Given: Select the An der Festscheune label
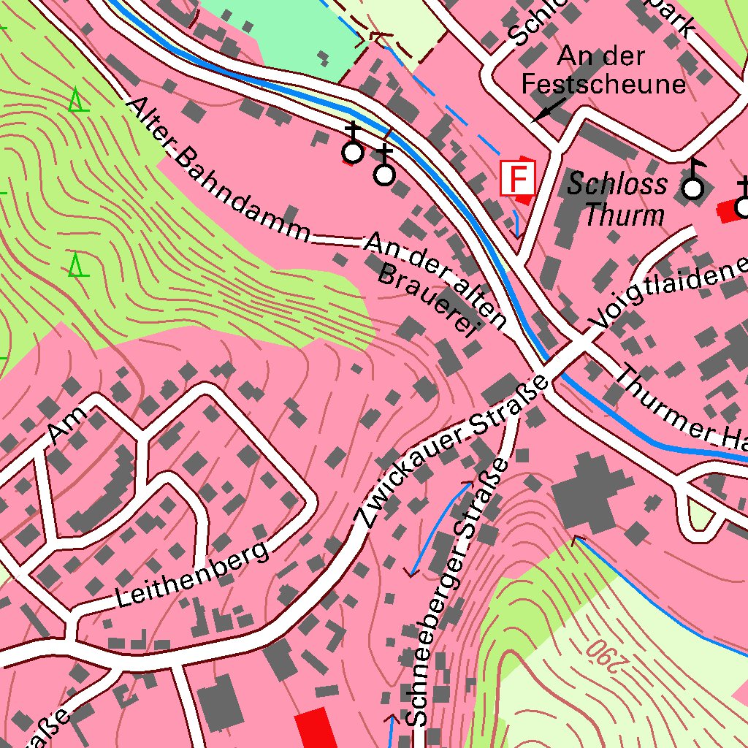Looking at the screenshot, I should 603,71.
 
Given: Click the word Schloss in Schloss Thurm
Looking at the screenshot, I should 617,184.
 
